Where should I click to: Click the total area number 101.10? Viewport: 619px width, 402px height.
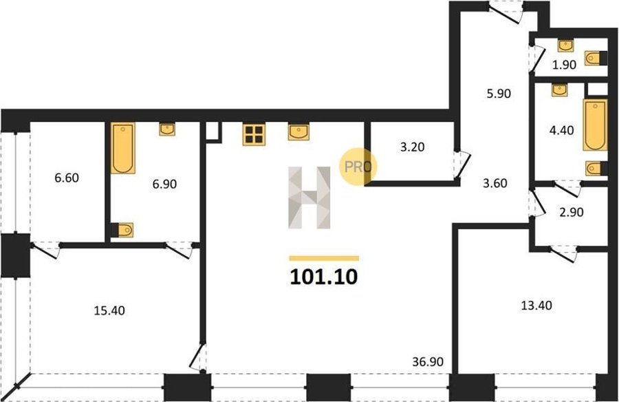click(x=324, y=277)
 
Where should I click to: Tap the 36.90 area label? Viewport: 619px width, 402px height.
click(x=428, y=361)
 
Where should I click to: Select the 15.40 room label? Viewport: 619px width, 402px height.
click(x=109, y=310)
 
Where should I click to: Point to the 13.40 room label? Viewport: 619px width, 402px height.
click(x=536, y=306)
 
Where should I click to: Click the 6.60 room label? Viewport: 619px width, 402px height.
click(x=67, y=178)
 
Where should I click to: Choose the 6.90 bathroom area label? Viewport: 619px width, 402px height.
click(x=164, y=184)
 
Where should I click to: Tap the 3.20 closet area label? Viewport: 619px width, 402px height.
click(x=413, y=147)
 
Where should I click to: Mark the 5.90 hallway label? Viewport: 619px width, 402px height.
click(x=499, y=94)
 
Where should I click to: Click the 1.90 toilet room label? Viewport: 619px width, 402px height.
click(x=564, y=65)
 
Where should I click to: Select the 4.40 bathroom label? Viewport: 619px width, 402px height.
click(x=562, y=130)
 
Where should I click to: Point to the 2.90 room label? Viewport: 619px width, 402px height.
click(x=572, y=212)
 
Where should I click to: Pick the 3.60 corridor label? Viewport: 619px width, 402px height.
click(x=495, y=183)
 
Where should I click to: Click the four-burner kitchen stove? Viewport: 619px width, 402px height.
click(x=254, y=134)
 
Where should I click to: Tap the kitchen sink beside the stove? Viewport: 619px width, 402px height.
click(x=299, y=132)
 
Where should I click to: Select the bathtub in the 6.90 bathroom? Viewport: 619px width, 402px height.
click(x=123, y=148)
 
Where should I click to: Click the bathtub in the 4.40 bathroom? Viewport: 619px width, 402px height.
click(x=596, y=125)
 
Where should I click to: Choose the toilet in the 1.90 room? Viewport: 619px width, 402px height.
click(x=595, y=59)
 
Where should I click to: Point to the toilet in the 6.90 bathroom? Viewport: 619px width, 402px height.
click(x=122, y=230)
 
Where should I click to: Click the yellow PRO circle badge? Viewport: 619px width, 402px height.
click(x=358, y=167)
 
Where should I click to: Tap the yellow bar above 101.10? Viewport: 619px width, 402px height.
click(x=324, y=259)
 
